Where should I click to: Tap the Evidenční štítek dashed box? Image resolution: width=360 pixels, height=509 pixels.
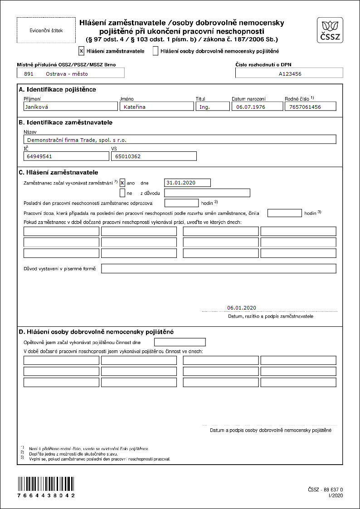[x=46, y=30]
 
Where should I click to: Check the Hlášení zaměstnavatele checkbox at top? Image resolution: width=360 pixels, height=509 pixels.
[x=81, y=51]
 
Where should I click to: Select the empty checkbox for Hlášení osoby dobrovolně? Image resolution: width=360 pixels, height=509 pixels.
[x=156, y=51]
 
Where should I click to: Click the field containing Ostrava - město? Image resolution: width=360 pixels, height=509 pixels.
[x=71, y=73]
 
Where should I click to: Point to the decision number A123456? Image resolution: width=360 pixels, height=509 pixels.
[x=289, y=73]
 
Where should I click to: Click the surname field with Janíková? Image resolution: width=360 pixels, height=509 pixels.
[x=71, y=107]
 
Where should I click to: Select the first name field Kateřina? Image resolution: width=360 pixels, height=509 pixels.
[x=156, y=107]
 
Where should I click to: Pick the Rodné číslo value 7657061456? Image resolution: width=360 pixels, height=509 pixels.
[x=311, y=107]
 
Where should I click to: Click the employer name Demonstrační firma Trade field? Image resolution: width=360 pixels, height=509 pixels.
[x=180, y=140]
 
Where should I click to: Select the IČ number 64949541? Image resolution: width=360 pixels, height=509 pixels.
[x=66, y=156]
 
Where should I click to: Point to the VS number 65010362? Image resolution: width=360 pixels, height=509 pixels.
[x=153, y=156]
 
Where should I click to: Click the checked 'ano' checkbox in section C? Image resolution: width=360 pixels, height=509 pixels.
[x=122, y=183]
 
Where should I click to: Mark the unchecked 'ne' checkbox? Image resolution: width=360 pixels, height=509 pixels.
[x=122, y=193]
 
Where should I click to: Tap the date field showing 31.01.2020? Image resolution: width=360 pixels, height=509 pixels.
[x=188, y=183]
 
